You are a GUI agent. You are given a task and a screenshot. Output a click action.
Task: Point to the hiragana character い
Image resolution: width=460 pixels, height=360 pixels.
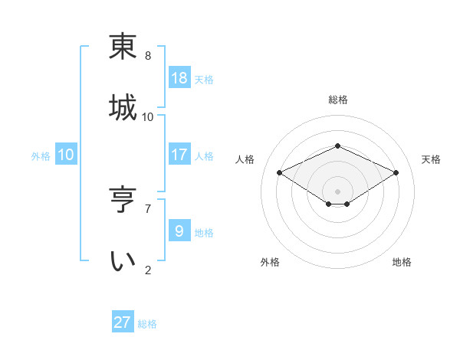pos(123,261)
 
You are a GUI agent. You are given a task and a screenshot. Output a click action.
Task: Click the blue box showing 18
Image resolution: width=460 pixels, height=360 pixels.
pos(179,77)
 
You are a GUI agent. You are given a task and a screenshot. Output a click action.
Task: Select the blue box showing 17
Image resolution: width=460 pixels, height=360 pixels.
pos(179,155)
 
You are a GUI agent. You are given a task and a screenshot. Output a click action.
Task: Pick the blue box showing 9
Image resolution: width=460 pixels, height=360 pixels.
pos(179,231)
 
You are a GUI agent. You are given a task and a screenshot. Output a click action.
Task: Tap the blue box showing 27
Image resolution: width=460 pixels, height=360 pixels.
pos(123,322)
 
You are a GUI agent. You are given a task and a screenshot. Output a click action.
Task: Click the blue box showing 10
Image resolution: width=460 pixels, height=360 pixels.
pos(66,155)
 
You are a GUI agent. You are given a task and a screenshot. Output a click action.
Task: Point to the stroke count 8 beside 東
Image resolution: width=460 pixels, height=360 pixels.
pos(148,56)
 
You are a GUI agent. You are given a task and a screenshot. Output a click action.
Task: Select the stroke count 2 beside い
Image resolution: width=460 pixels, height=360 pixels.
pos(148,270)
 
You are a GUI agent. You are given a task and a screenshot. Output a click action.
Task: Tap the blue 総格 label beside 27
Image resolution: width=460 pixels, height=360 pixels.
pos(147,324)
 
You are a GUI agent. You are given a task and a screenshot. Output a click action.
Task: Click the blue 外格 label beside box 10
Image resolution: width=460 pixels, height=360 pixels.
pos(41,156)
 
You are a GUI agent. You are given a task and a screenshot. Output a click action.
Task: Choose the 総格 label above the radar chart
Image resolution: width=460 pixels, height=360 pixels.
pos(337,100)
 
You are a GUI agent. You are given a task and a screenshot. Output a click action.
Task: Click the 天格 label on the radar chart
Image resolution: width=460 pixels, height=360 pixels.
pos(431,159)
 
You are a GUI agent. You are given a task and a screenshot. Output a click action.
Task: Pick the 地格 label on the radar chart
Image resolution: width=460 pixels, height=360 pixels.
pos(402,262)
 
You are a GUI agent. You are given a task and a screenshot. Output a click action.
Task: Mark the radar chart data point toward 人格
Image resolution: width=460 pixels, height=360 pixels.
pos(280,172)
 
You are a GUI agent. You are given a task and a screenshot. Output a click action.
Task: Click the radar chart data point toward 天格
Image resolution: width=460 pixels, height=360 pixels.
pos(396,172)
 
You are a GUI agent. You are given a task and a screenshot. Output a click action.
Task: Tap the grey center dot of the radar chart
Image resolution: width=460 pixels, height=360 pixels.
pos(337,191)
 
